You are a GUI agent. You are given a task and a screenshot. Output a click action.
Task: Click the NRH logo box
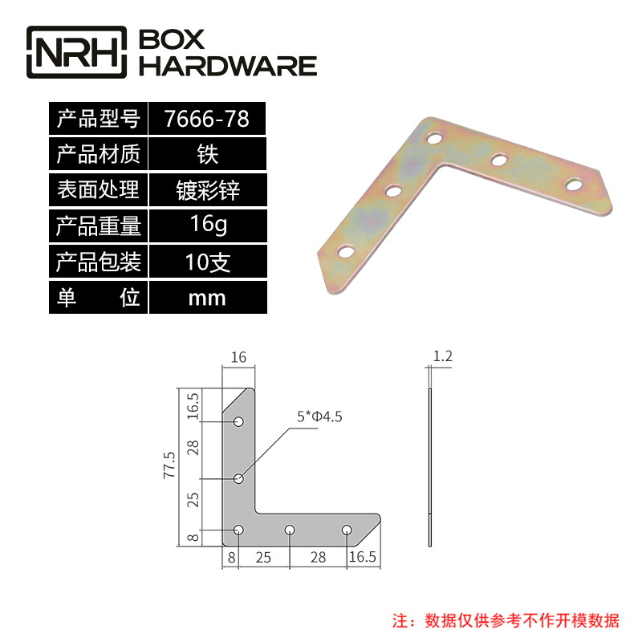point(77,52)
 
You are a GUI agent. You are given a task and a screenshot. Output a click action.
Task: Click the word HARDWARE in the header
point(229,65)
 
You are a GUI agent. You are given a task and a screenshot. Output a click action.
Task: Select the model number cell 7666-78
point(206,120)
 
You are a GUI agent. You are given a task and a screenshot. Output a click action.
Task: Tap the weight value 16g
point(206,225)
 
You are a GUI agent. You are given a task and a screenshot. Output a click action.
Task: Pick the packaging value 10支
point(206,262)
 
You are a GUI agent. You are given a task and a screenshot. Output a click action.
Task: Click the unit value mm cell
point(206,299)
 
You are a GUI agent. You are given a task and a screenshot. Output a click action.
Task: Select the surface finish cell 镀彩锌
point(206,190)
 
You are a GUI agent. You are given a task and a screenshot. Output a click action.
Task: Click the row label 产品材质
point(97,154)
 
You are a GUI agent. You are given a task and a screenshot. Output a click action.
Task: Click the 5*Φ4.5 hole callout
point(320,416)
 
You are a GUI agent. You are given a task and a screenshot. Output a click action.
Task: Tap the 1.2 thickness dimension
point(442,356)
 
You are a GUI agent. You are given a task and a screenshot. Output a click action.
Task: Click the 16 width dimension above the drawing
point(238,356)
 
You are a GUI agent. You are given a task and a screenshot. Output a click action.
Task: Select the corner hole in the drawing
point(238,530)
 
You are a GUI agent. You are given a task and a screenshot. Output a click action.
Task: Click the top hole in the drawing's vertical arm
point(238,422)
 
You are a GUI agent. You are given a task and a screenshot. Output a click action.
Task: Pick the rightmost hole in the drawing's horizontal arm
point(347,530)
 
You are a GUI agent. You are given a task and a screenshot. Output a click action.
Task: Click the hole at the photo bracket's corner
point(433,139)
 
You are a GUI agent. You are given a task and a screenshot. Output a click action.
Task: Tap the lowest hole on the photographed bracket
point(345,252)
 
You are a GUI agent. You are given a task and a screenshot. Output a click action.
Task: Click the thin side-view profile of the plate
point(430,465)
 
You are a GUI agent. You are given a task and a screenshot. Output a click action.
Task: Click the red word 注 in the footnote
point(399,620)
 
